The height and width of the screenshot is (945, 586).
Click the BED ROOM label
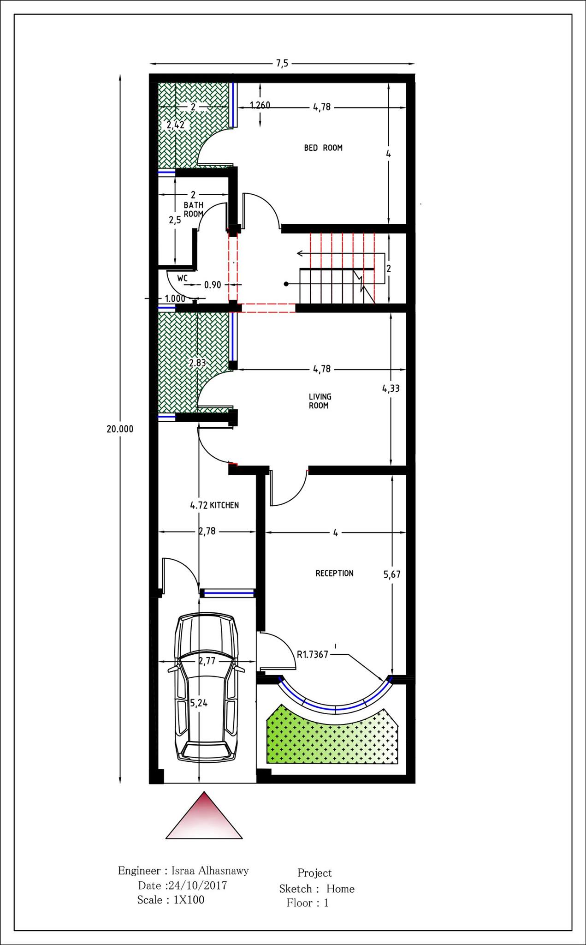click(x=323, y=148)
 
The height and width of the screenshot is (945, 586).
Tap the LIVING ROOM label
click(x=320, y=401)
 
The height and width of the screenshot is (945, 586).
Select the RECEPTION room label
click(x=334, y=573)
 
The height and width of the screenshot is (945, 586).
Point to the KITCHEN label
click(x=224, y=505)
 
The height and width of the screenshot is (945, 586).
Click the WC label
click(x=183, y=278)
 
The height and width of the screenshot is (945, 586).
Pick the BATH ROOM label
click(x=194, y=209)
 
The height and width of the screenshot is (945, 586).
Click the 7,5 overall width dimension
click(x=282, y=64)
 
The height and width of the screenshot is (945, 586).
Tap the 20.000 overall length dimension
click(x=120, y=429)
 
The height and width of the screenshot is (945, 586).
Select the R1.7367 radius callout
click(x=312, y=654)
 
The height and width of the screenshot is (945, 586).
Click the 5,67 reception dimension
click(x=392, y=574)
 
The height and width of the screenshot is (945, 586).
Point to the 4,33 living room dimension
click(x=391, y=389)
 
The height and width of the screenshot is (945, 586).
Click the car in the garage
click(x=207, y=688)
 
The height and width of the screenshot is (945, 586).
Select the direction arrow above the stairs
click(x=341, y=253)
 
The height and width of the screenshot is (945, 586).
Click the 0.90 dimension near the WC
click(x=213, y=285)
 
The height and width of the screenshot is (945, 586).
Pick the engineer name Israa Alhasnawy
click(x=210, y=871)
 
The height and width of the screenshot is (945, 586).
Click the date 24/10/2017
click(x=198, y=885)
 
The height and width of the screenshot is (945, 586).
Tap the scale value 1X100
click(x=189, y=900)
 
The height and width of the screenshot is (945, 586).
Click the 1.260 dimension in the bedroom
click(x=260, y=105)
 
